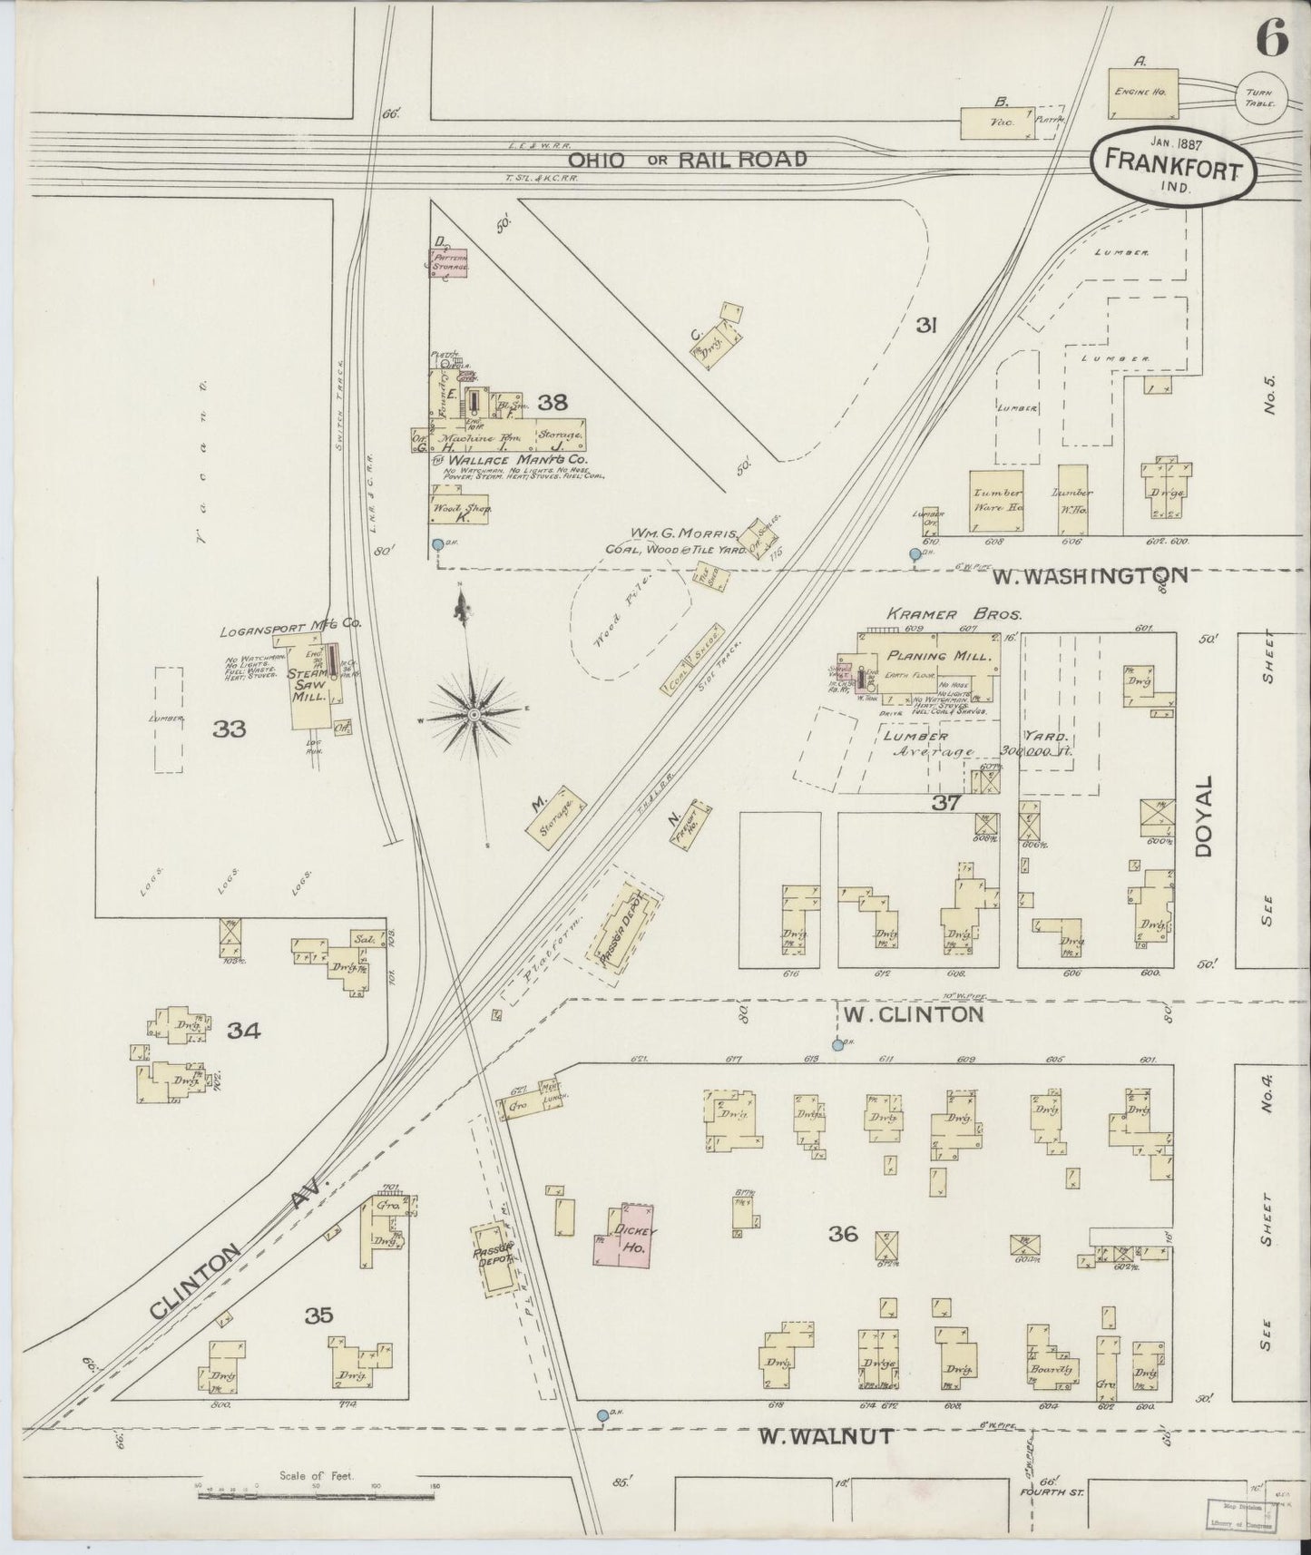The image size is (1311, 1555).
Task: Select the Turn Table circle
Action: [1259, 93]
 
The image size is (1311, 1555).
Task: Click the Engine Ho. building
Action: [1145, 93]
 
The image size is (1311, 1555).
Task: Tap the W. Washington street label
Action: [1088, 575]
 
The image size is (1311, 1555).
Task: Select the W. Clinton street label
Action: [913, 1013]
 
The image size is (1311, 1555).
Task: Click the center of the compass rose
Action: [474, 715]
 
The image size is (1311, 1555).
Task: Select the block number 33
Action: [230, 729]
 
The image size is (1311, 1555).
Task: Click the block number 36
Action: [843, 1234]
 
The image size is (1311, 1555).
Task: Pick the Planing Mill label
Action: [930, 656]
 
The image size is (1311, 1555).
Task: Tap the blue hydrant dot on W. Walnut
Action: [602, 1414]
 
